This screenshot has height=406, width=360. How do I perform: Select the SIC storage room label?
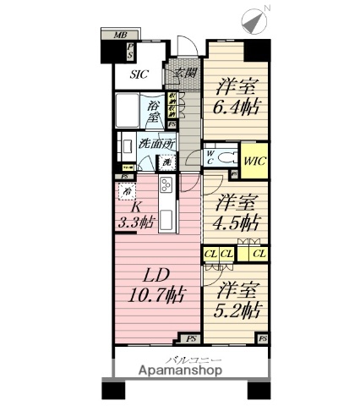coord(139,74)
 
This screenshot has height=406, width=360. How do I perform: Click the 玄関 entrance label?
coord(184,73)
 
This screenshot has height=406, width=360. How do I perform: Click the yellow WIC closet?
coord(255,156)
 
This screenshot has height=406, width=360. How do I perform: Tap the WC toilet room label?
coord(210,156)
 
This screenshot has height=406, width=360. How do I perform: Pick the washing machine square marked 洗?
coord(168,162)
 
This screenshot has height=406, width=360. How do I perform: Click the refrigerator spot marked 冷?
coord(127,191)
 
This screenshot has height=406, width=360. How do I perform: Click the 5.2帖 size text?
coord(237,310)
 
